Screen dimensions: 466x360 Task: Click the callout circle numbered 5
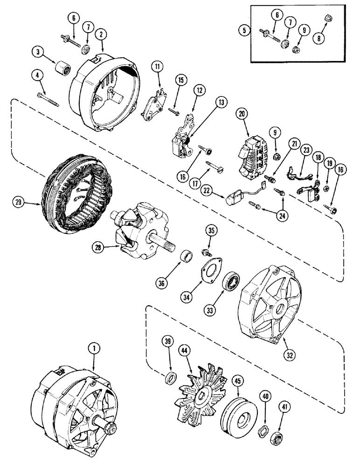click(x=242, y=32)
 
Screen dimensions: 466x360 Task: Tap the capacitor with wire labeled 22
click(x=233, y=198)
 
